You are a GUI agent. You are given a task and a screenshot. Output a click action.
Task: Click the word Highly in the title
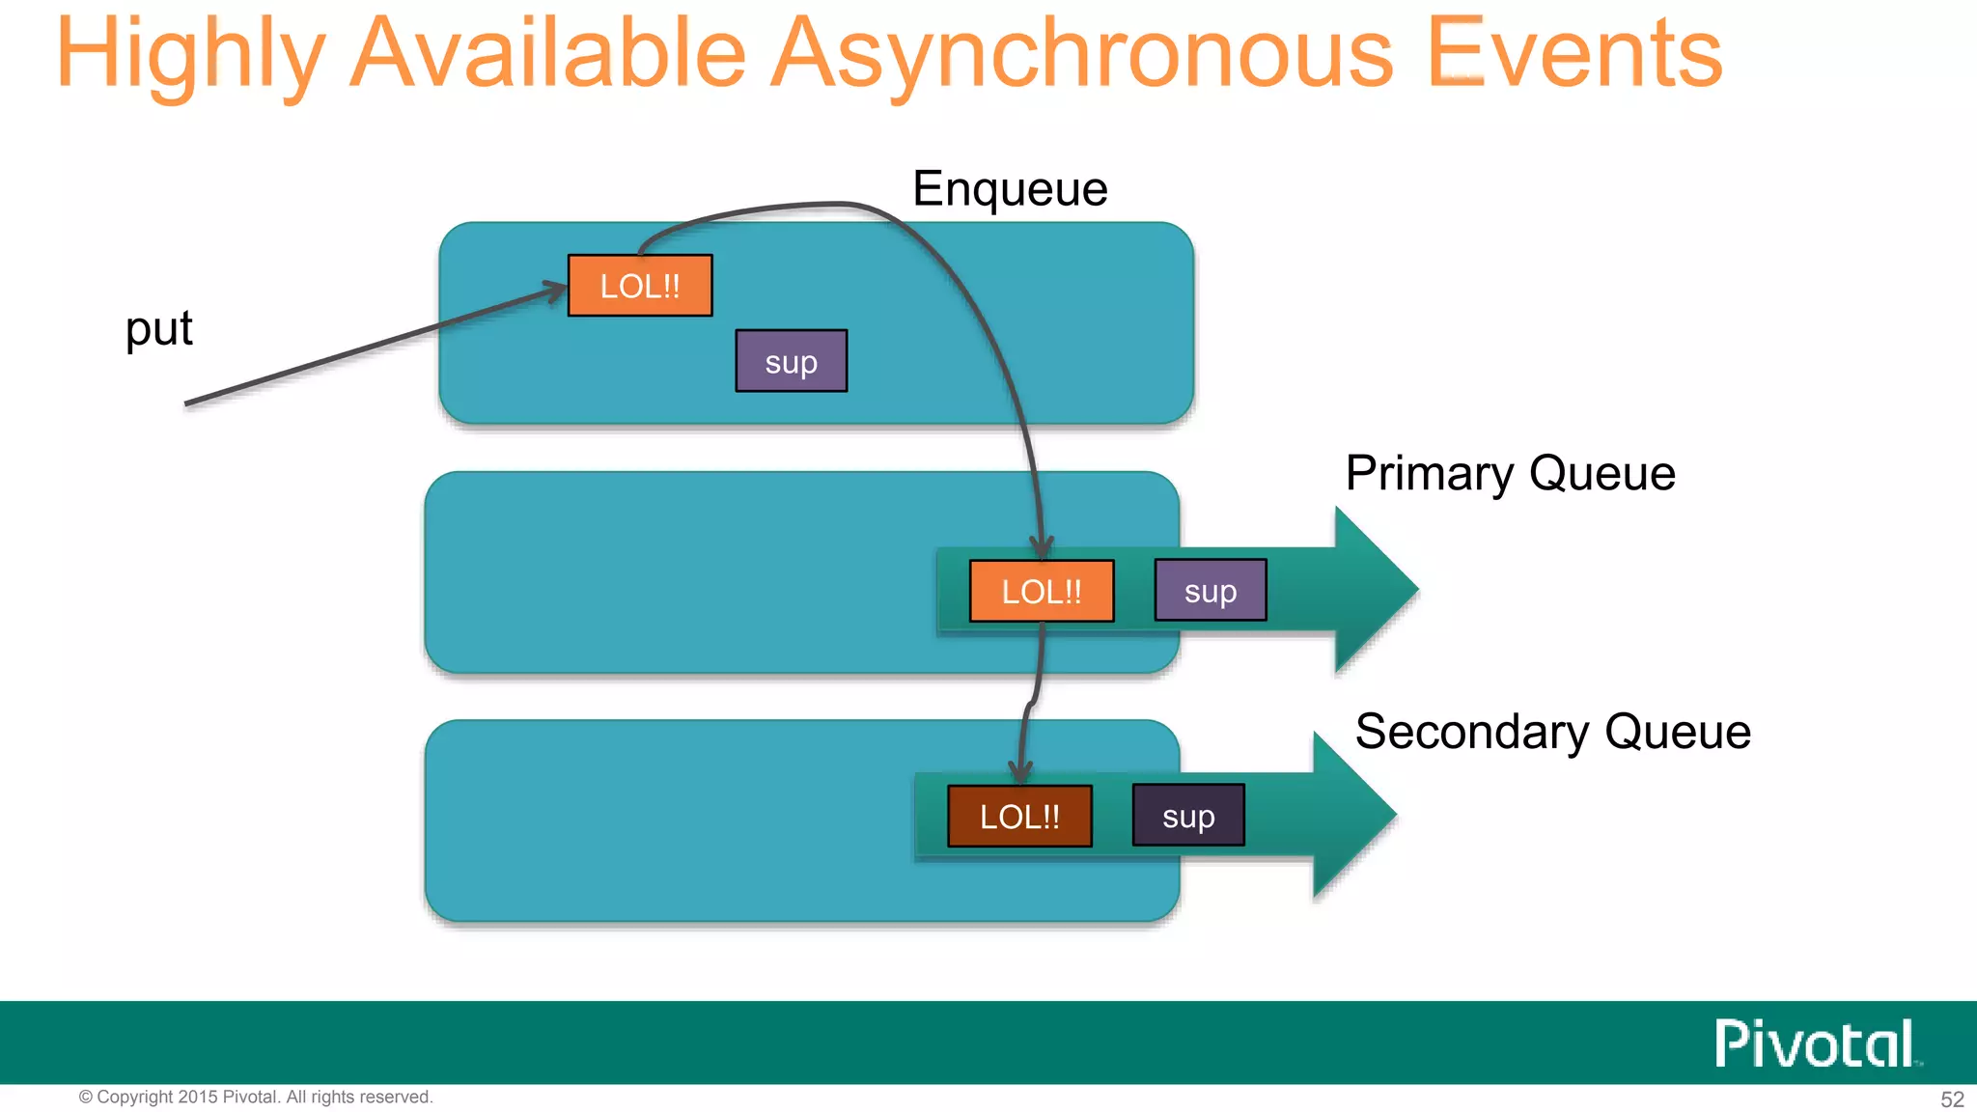point(189,56)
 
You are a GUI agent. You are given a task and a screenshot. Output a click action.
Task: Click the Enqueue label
point(1010,188)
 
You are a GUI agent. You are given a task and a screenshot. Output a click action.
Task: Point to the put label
point(159,329)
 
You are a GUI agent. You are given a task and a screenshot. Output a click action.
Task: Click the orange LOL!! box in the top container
point(640,286)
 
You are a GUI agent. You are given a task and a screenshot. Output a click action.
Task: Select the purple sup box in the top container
point(791,362)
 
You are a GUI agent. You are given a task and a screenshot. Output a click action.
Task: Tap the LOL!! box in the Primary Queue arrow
point(1041,591)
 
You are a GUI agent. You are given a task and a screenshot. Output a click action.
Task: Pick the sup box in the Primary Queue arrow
point(1210,591)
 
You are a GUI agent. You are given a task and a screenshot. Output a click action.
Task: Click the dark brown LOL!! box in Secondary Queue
point(1019,817)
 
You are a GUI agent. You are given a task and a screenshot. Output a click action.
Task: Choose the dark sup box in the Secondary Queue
point(1187,817)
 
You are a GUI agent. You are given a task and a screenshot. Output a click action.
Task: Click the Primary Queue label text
point(1510,473)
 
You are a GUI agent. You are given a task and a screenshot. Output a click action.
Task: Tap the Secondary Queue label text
point(1552,732)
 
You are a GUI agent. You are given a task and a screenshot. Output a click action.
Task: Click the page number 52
point(1952,1099)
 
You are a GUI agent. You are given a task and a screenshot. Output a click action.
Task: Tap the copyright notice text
point(256,1098)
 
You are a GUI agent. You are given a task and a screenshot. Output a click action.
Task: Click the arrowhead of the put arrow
point(556,289)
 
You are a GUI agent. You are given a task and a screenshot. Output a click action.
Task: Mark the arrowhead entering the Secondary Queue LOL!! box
point(1020,773)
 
